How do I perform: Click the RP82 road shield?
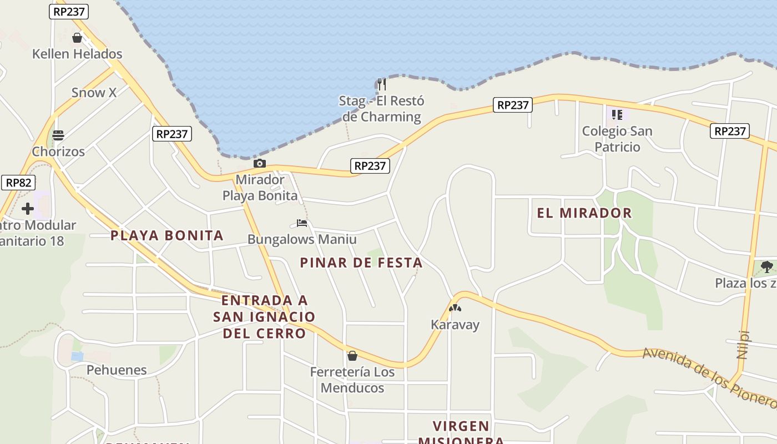[x=18, y=183]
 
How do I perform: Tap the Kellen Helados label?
[x=77, y=54]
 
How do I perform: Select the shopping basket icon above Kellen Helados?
[x=77, y=38]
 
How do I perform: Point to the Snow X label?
[x=94, y=93]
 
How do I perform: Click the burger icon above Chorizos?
[x=58, y=135]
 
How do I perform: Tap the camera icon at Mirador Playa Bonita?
[x=259, y=164]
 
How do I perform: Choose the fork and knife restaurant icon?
[x=381, y=84]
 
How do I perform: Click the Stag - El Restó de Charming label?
[x=382, y=109]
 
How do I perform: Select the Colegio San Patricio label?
[x=617, y=139]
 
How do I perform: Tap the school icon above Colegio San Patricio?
[x=617, y=115]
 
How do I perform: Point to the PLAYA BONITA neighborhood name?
[x=167, y=235]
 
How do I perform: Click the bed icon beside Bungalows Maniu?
[x=302, y=223]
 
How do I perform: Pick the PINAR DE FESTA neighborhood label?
[x=361, y=263]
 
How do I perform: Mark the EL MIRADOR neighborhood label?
[x=584, y=213]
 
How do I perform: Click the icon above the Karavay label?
[x=455, y=308]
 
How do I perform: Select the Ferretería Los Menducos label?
[x=352, y=380]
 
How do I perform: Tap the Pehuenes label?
[x=117, y=370]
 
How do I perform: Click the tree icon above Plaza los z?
[x=767, y=267]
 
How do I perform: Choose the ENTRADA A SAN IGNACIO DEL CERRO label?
[x=264, y=317]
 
